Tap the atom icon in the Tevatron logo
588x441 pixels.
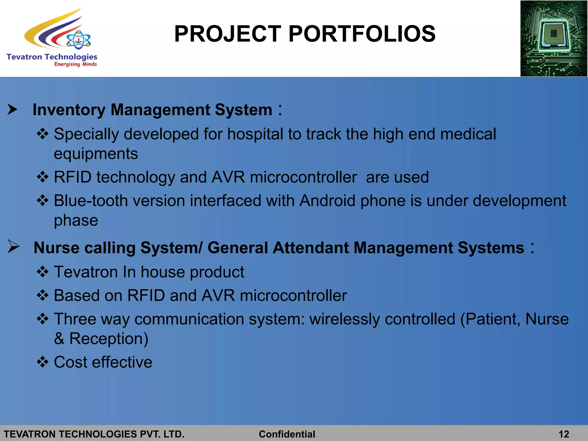[78, 40]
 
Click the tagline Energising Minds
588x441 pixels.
[76, 64]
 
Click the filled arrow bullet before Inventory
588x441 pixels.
[12, 109]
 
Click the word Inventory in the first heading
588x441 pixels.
[69, 110]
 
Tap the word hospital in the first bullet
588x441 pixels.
[255, 134]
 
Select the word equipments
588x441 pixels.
[96, 154]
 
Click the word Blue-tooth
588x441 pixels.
[91, 200]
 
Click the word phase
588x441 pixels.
[76, 220]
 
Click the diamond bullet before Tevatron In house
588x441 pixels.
[42, 272]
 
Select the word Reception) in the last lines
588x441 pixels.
[109, 339]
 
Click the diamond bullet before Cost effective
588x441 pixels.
[42, 362]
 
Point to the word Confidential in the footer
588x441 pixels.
[287, 434]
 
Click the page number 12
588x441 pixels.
[564, 434]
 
